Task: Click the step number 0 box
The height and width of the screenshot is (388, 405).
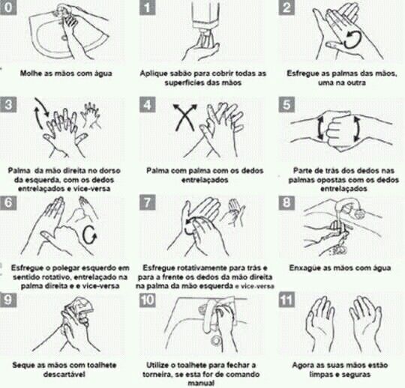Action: pyautogui.click(x=7, y=7)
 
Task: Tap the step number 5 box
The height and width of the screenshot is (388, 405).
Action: pyautogui.click(x=286, y=104)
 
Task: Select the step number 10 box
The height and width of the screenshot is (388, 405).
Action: pyautogui.click(x=147, y=300)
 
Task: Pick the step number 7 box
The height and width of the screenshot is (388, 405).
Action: pyautogui.click(x=147, y=202)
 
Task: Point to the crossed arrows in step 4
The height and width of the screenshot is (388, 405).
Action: pyautogui.click(x=184, y=118)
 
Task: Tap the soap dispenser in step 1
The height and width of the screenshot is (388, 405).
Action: pyautogui.click(x=205, y=14)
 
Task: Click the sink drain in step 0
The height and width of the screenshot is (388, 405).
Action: pyautogui.click(x=64, y=37)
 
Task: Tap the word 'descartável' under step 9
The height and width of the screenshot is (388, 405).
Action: pyautogui.click(x=64, y=375)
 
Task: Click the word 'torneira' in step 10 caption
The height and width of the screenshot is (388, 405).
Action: pyautogui.click(x=157, y=375)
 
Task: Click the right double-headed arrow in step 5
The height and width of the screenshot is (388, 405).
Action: pyautogui.click(x=356, y=128)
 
